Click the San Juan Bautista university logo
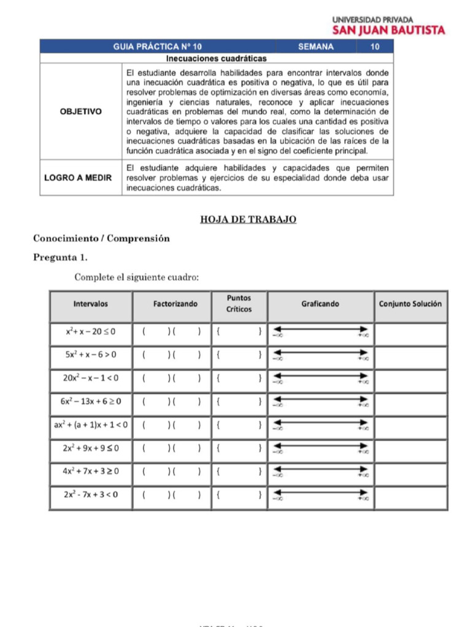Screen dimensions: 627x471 (389, 24)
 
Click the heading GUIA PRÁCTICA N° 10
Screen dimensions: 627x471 (158, 47)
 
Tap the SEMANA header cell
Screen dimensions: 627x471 (316, 47)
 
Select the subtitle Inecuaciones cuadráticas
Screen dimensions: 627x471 (216, 59)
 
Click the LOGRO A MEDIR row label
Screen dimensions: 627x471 (78, 178)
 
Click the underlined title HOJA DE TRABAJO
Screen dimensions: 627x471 (248, 219)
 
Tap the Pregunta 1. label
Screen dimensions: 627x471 (60, 257)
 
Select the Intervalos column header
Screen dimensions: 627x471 (91, 304)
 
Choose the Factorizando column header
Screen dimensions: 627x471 (175, 304)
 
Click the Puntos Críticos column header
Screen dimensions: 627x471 (239, 304)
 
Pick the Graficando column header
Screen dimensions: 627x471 (320, 304)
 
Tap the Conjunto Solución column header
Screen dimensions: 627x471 (410, 304)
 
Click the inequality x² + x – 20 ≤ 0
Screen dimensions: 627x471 (91, 332)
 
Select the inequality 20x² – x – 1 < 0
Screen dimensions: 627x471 (91, 378)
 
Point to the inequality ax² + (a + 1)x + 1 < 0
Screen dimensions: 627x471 (91, 425)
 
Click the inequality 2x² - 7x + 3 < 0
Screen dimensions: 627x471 (91, 495)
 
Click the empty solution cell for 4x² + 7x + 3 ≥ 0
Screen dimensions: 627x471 (410, 471)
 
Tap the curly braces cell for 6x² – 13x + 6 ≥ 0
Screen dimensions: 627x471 (239, 402)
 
